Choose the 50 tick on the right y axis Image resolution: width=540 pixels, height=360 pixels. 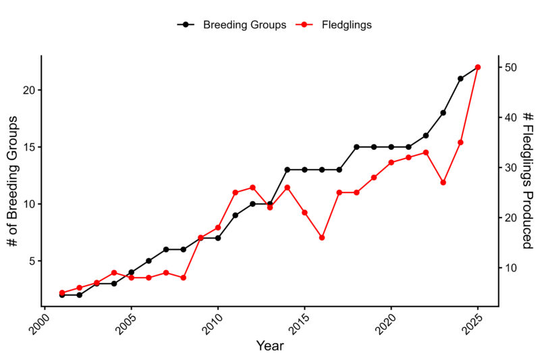pyautogui.click(x=510, y=68)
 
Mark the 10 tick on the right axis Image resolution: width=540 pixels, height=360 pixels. pyautogui.click(x=510, y=267)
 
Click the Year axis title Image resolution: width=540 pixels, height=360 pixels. pyautogui.click(x=270, y=346)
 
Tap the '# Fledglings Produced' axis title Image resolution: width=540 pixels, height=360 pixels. pyautogui.click(x=529, y=180)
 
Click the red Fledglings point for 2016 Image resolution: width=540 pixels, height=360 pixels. pyautogui.click(x=322, y=238)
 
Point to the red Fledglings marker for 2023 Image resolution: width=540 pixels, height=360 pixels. pyautogui.click(x=443, y=182)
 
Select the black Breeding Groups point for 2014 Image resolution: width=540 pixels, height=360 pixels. pyautogui.click(x=287, y=170)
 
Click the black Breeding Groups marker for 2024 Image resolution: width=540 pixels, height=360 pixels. pyautogui.click(x=460, y=78)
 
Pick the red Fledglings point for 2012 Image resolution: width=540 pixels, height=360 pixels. pyautogui.click(x=252, y=188)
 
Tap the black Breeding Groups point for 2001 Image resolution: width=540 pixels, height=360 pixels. pyautogui.click(x=62, y=295)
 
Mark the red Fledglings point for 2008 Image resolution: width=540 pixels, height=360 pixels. pyautogui.click(x=183, y=278)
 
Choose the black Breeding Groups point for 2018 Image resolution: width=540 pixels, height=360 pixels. pyautogui.click(x=356, y=147)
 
